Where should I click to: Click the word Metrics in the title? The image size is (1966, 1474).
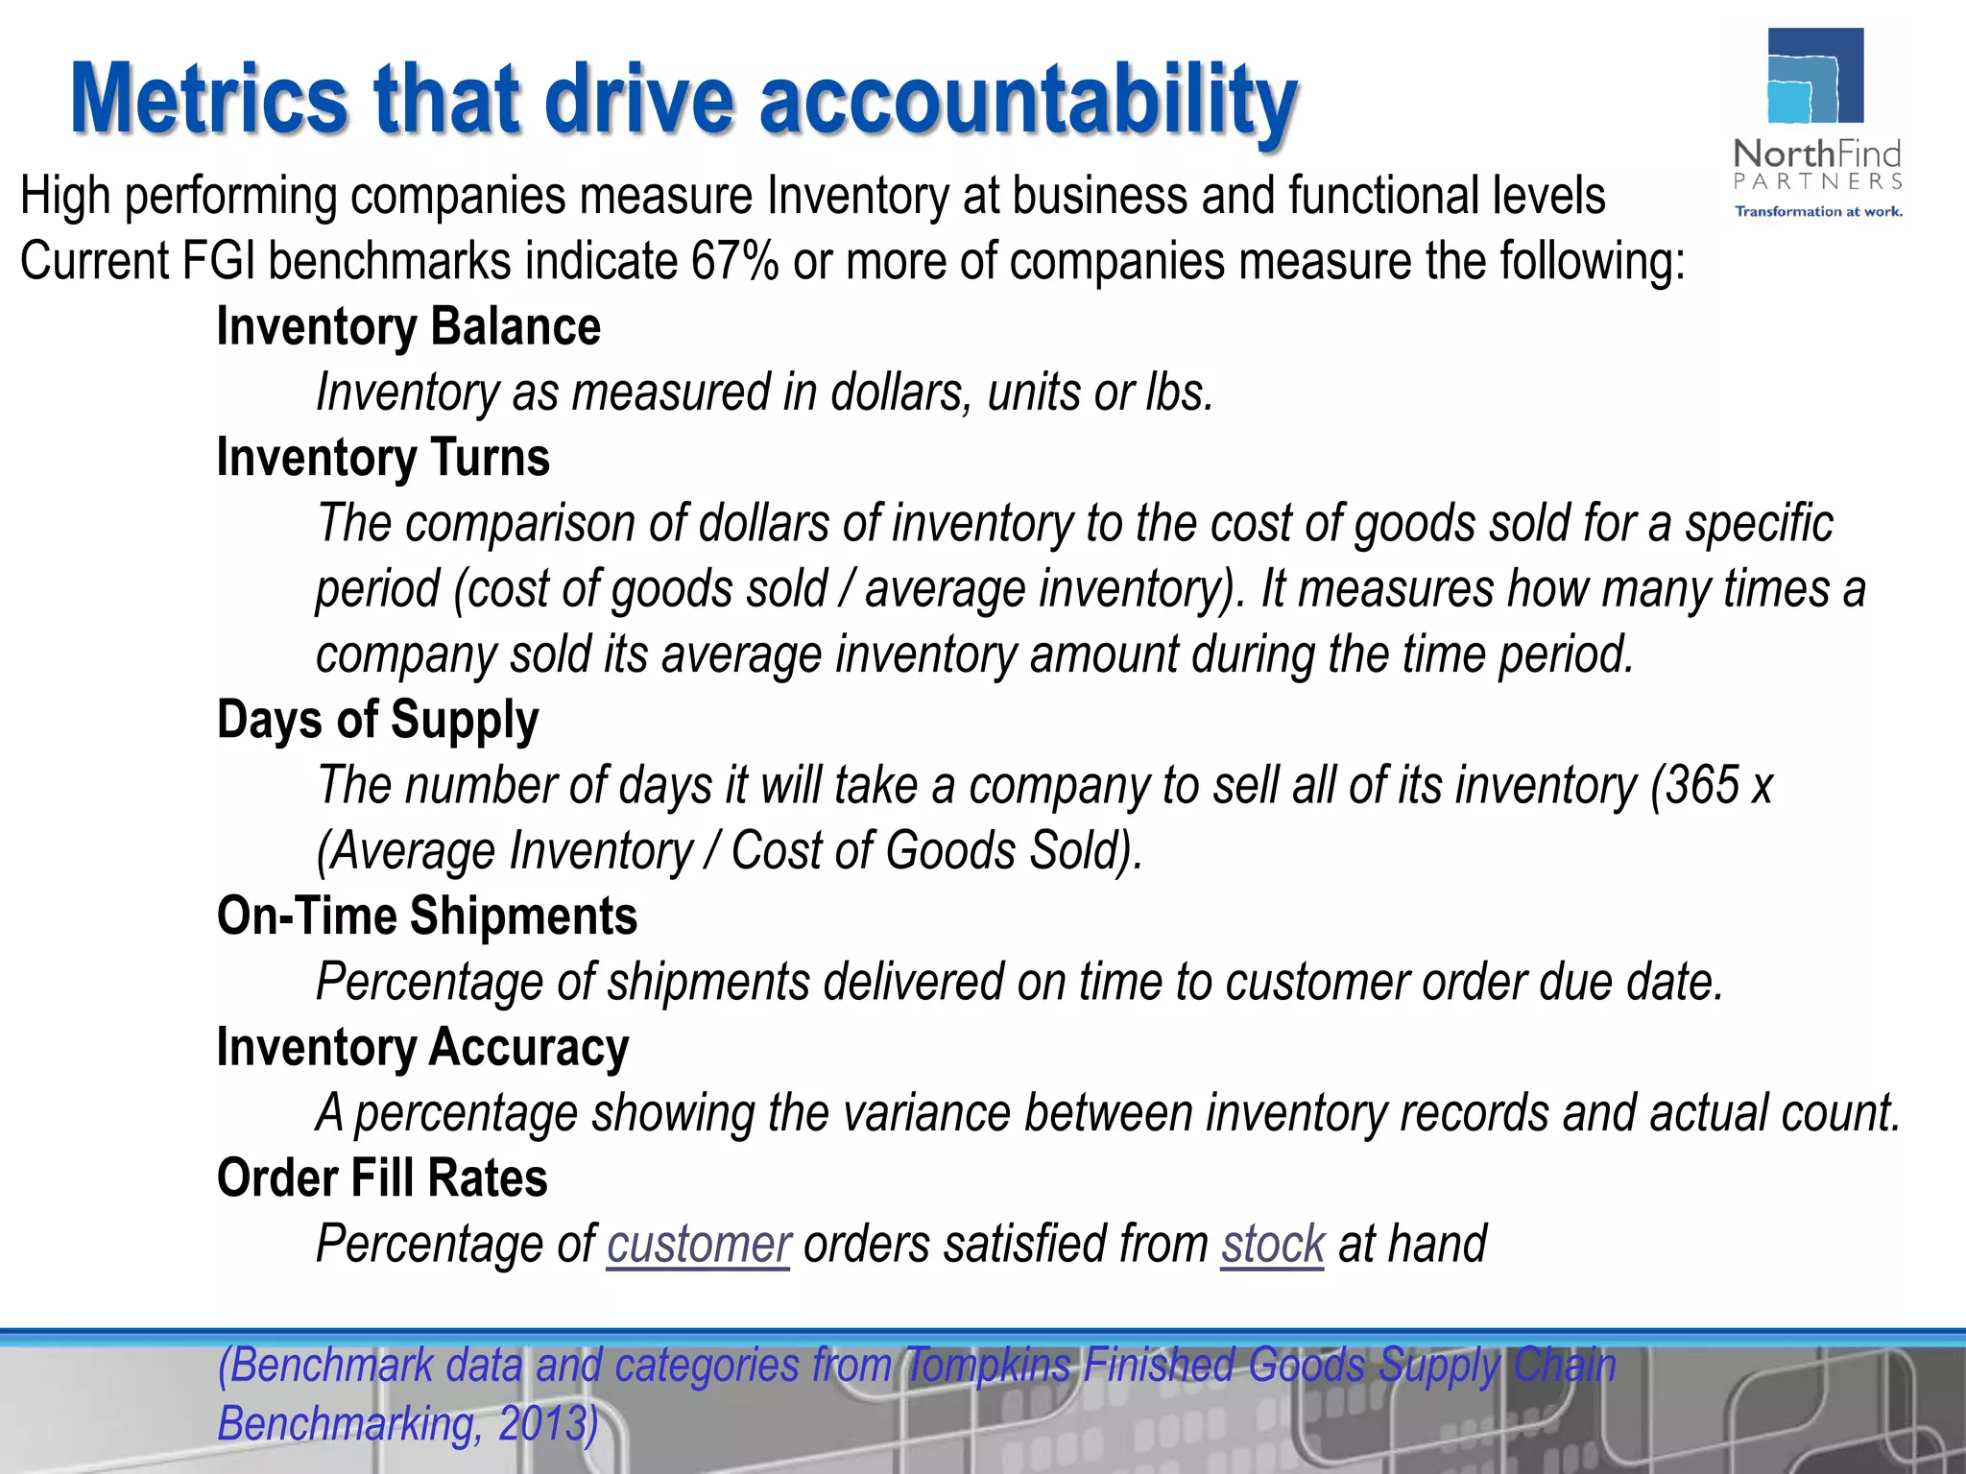pos(209,100)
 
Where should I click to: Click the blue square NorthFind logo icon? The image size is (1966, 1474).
pos(1815,77)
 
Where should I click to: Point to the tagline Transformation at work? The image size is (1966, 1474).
pos(1817,211)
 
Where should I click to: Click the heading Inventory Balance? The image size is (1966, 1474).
pos(409,327)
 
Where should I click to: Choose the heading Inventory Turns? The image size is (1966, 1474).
pos(383,458)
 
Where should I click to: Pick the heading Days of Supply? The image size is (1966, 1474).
pos(377,720)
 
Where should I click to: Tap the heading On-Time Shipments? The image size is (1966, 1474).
pos(427,916)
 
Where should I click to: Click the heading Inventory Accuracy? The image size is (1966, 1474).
pos(422,1047)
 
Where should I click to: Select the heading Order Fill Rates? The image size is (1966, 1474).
pos(382,1178)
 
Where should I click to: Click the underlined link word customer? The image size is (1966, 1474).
pos(698,1245)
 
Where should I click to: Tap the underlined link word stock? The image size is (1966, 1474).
pos(1272,1245)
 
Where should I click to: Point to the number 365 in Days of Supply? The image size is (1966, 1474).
pos(1702,786)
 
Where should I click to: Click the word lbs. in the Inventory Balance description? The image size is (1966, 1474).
pos(1180,392)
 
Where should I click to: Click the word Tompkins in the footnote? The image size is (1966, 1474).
pos(989,1366)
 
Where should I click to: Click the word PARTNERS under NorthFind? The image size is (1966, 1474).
pos(1817,181)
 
